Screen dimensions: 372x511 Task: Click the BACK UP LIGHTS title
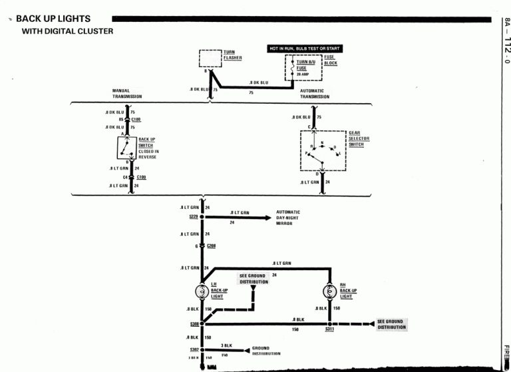(53, 19)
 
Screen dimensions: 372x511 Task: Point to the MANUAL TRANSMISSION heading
(126, 94)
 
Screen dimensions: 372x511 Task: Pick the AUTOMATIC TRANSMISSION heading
(314, 94)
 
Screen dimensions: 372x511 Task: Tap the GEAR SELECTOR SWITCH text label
(359, 138)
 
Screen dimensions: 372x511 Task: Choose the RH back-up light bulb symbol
(329, 291)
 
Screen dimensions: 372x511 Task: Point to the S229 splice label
(194, 217)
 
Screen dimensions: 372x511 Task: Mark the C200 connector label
(212, 246)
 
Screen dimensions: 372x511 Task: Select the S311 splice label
(331, 329)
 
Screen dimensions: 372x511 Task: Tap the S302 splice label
(194, 349)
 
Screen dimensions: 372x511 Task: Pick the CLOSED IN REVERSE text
(148, 152)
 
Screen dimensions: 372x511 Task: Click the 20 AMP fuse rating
(303, 75)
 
